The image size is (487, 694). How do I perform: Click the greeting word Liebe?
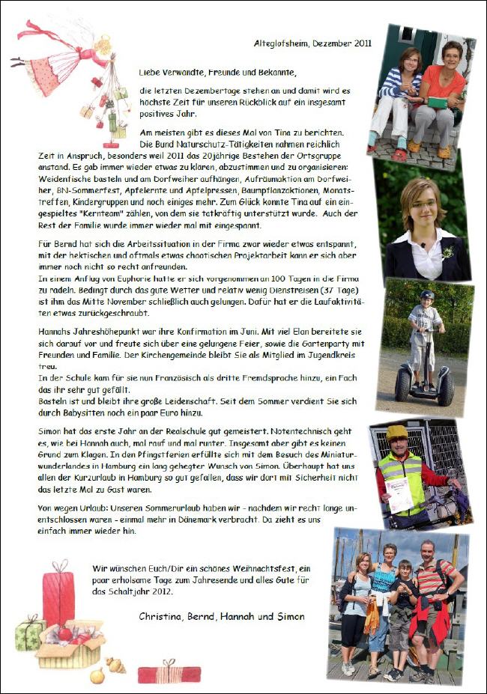pyautogui.click(x=149, y=73)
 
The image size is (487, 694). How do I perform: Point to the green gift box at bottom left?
pyautogui.click(x=30, y=634)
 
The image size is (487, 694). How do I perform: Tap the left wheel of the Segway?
pyautogui.click(x=403, y=387)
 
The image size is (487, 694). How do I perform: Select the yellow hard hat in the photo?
pyautogui.click(x=397, y=433)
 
